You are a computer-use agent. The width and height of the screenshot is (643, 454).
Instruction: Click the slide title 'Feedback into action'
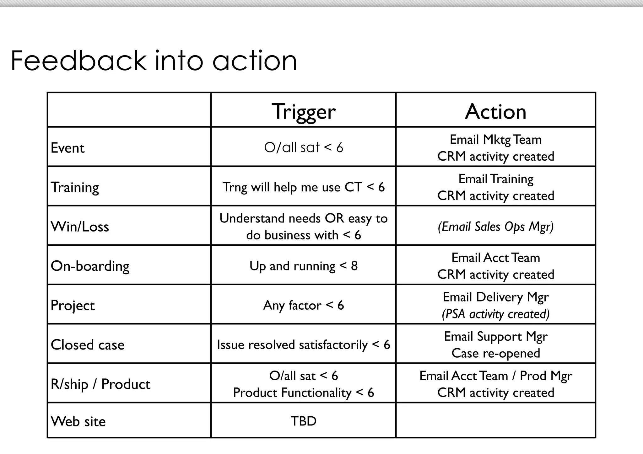coord(154,61)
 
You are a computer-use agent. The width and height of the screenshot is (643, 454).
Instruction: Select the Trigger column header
coord(303,111)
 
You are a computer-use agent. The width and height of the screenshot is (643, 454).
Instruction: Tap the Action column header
coord(495,111)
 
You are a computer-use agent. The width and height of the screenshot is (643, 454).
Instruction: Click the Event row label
coord(68,148)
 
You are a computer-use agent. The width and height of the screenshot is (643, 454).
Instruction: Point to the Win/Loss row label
coord(80,227)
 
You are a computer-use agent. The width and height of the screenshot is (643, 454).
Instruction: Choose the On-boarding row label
coord(90,266)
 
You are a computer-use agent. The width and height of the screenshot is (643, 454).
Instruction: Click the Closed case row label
coord(88,345)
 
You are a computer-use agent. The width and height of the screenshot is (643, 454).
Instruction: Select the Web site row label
coord(78,421)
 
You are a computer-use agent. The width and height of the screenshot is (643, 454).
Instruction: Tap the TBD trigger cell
coord(303,421)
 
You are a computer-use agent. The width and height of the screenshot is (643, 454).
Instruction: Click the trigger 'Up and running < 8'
coord(303,266)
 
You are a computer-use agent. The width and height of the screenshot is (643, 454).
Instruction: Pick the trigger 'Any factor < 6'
coord(303,305)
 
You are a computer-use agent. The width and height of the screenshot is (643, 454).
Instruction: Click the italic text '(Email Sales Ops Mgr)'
coord(495,227)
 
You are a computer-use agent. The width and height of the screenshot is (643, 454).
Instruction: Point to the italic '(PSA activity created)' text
coord(495,314)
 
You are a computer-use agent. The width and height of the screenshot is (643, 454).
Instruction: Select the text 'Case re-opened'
coord(495,353)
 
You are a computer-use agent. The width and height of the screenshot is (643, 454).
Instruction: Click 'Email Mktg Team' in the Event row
coord(495,140)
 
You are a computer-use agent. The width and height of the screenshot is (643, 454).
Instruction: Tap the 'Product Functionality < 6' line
coord(303,393)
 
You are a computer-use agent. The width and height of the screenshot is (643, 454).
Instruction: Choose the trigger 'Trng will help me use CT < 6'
coord(303,187)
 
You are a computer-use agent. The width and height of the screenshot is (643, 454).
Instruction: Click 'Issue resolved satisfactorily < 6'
coord(303,345)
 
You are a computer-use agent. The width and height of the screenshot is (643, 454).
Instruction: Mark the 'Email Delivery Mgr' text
coord(495,297)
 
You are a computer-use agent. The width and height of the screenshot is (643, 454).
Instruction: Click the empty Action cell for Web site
coord(495,420)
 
